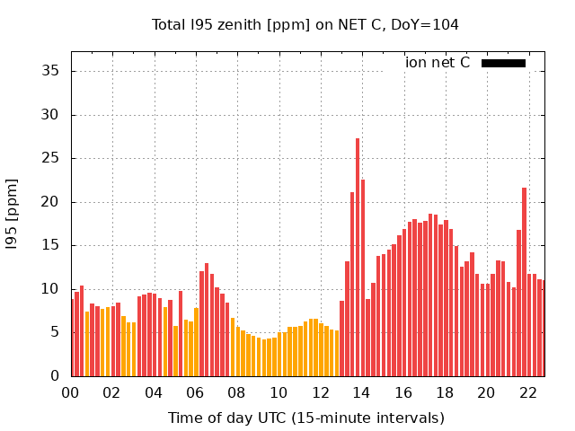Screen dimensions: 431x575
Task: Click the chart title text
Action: click(305, 24)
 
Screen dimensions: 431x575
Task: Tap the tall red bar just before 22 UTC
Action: click(524, 282)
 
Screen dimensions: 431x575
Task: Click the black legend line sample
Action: click(503, 63)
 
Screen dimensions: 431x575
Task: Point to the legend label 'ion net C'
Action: click(438, 63)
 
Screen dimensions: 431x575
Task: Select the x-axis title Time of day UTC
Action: click(305, 418)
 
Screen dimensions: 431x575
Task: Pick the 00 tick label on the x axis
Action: click(70, 392)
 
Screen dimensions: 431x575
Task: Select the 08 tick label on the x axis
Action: click(236, 392)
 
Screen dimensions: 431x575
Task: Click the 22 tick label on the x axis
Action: click(527, 392)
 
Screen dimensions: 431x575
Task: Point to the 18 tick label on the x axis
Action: click(445, 392)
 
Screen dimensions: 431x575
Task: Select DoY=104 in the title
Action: click(424, 24)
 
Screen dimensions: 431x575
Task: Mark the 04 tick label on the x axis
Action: click(154, 392)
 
